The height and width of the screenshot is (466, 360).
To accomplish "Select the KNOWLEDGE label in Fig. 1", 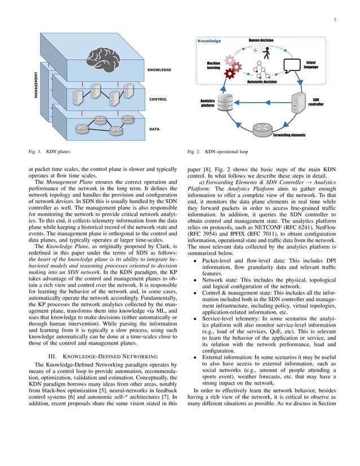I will click(x=159, y=70).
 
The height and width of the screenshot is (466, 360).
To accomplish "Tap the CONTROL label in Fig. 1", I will click(x=158, y=99).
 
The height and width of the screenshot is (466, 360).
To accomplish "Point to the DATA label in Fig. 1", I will click(x=154, y=129).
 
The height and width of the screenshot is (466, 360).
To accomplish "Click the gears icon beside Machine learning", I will click(x=232, y=66).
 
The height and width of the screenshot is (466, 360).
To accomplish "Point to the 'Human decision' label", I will click(x=262, y=41).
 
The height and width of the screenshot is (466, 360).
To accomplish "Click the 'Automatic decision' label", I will click(x=262, y=82).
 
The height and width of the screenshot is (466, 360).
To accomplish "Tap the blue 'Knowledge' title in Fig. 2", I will click(x=209, y=41).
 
